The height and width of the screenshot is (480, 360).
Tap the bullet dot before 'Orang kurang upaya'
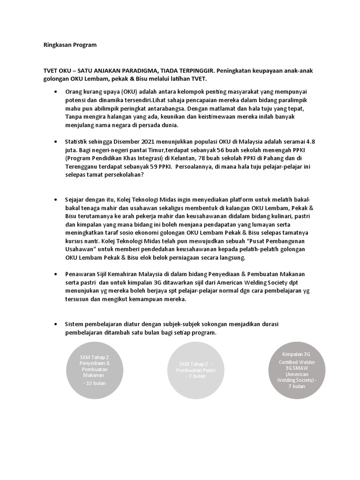pyautogui.click(x=56, y=91)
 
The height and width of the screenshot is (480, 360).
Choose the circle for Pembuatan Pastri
pyautogui.click(x=195, y=370)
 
